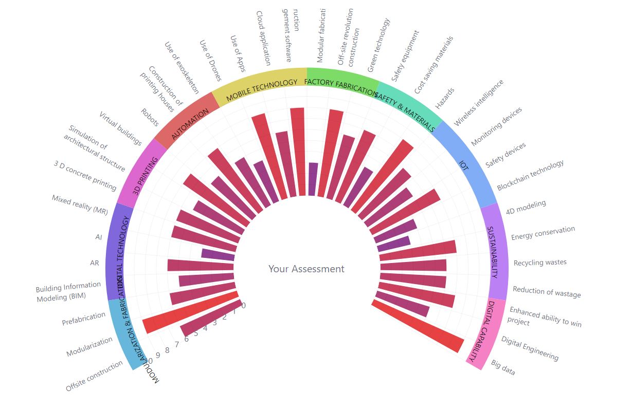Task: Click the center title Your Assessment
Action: pyautogui.click(x=306, y=269)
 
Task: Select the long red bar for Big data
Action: pyautogui.click(x=418, y=327)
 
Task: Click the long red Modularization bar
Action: pyautogui.click(x=190, y=309)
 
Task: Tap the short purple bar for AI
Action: pyautogui.click(x=218, y=254)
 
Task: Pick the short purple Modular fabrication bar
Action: pyautogui.click(x=312, y=179)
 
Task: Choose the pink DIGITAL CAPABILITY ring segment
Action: pyautogui.click(x=484, y=331)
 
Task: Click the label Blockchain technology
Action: pyautogui.click(x=530, y=175)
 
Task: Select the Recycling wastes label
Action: pyautogui.click(x=540, y=263)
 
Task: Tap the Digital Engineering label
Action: pyautogui.click(x=530, y=348)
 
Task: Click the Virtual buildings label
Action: pyautogui.click(x=120, y=128)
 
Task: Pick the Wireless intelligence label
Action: pyautogui.click(x=479, y=102)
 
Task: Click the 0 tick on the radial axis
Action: pyautogui.click(x=243, y=306)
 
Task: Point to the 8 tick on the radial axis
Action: pyautogui.click(x=167, y=350)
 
